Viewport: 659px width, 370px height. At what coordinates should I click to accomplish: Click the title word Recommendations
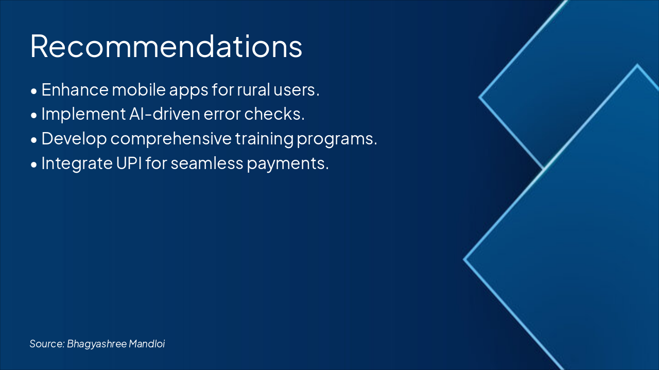166,46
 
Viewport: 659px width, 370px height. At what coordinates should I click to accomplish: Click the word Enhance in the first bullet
75,89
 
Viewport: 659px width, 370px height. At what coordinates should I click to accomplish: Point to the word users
296,90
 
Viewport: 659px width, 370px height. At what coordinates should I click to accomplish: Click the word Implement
83,115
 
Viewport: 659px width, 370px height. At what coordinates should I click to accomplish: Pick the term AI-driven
165,114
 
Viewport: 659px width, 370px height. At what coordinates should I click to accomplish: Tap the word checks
274,114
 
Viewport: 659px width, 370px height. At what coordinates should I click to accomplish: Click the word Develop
74,139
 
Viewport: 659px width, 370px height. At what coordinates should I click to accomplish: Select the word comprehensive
171,139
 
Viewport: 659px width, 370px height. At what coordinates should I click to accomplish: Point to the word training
264,139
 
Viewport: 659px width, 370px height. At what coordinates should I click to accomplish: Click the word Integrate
77,163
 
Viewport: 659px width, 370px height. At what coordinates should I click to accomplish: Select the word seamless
207,163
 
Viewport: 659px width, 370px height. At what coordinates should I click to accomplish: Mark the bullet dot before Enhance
34,91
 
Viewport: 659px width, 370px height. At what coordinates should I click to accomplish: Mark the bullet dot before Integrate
34,164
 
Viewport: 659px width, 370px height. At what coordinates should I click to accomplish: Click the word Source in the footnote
47,344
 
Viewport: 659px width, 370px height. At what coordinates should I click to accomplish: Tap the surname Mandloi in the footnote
147,344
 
